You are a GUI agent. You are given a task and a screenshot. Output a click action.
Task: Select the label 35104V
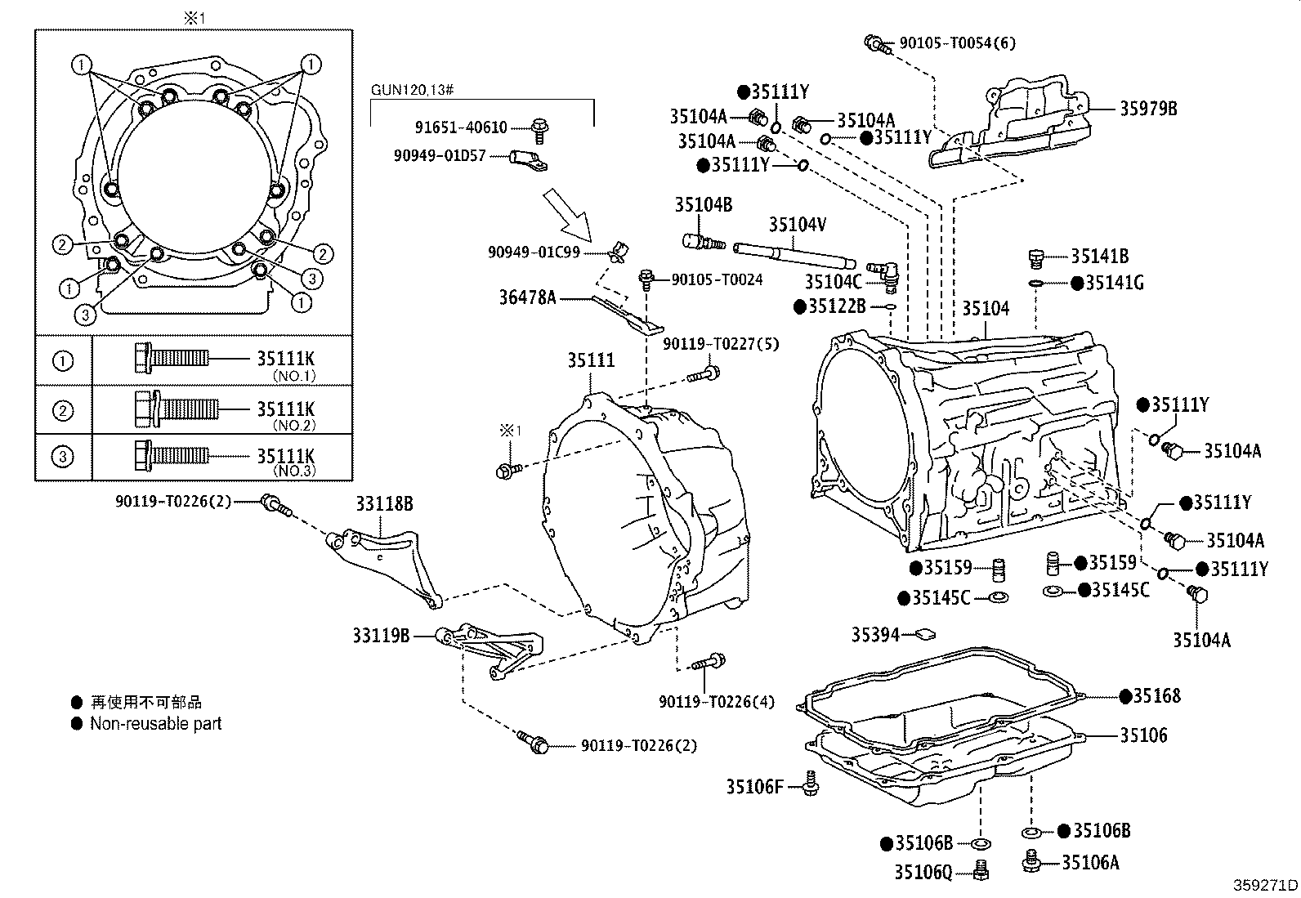pos(797,224)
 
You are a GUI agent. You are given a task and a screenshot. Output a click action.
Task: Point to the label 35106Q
pos(923,873)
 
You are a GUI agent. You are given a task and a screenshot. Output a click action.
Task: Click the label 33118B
pos(383,504)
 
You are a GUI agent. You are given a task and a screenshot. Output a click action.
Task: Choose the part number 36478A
pos(527,298)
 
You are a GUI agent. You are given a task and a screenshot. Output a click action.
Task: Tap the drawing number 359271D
pos(1265,885)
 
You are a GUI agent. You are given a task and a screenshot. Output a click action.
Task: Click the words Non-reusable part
pos(155,724)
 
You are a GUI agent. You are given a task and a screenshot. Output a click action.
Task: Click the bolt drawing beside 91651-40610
pos(539,127)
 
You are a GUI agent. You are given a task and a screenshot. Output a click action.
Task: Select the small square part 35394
pos(925,633)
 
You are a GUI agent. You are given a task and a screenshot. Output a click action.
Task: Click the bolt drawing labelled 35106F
pos(811,783)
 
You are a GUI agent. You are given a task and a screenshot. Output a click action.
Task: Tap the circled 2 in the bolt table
pos(63,410)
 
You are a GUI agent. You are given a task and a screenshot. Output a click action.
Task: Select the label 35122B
pos(837,306)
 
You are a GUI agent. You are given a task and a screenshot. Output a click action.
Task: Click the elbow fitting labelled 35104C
pos(883,271)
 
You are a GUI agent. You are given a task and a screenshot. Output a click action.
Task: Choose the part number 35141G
pos(1115,283)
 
